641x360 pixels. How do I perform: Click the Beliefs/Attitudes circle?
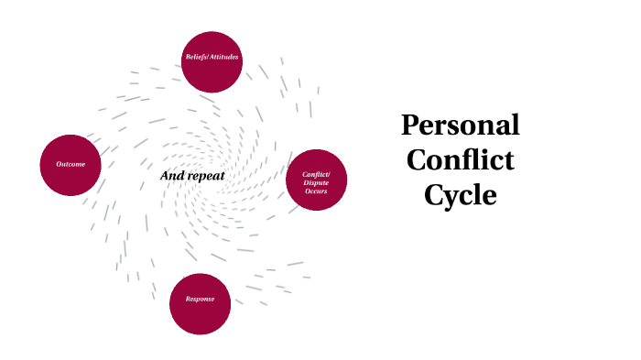coord(212,61)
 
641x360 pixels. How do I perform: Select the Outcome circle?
coord(71,165)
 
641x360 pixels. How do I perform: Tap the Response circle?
coord(200,302)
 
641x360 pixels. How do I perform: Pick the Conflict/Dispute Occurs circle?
coord(317,180)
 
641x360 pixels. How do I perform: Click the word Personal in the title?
coord(461,125)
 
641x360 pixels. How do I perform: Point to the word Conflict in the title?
coord(460,160)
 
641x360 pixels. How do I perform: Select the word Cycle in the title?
coord(460,195)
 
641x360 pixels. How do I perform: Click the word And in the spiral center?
coord(171,176)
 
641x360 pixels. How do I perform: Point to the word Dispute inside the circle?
coord(317,182)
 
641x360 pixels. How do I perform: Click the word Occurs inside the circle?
coord(317,191)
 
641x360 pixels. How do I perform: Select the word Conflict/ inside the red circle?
coord(317,174)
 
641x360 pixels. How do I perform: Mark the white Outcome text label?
coord(71,165)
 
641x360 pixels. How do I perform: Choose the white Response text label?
coord(200,300)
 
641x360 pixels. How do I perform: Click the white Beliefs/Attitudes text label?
coord(212,57)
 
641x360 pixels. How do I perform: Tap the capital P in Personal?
coord(410,125)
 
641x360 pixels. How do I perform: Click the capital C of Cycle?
coord(434,194)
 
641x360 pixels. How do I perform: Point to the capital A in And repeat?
coord(166,176)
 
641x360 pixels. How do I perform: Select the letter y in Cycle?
coord(453,198)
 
